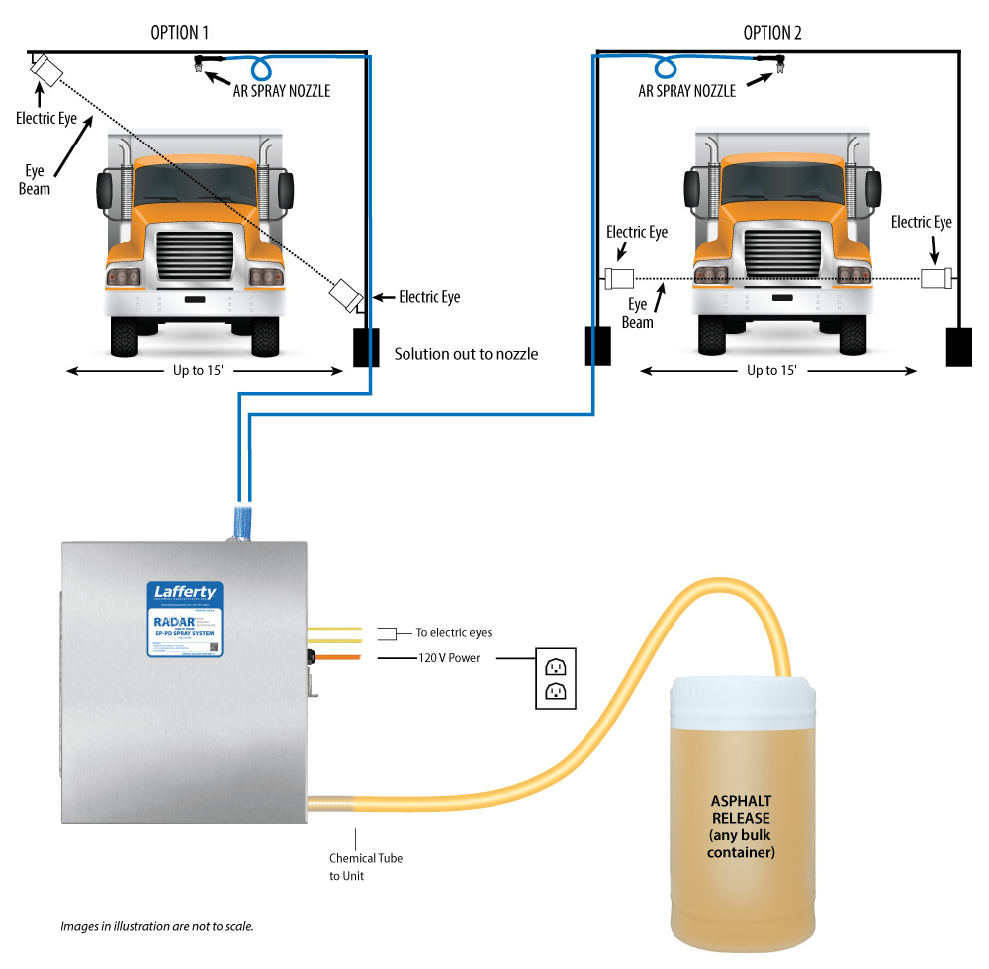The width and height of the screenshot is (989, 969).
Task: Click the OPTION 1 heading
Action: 179,33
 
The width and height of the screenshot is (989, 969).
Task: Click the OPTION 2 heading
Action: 772,33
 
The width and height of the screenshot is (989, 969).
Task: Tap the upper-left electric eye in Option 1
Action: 45,71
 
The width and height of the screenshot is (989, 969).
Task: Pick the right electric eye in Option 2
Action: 936,278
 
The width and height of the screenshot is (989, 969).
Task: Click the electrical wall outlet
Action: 556,678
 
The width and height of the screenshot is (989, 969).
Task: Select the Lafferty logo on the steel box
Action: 185,592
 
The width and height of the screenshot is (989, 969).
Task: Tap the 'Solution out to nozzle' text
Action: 466,353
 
